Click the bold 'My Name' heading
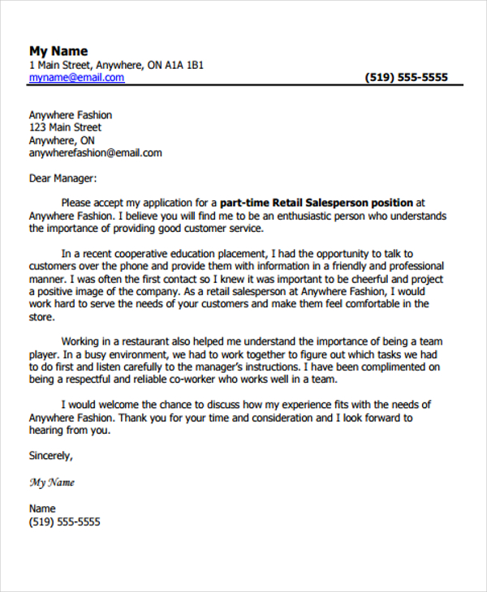point(58,50)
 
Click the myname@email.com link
point(76,78)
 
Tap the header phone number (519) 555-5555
point(407,78)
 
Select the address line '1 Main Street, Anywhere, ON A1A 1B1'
point(116,65)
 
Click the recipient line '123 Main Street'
point(65,127)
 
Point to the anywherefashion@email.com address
point(95,152)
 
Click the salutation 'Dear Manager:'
point(62,178)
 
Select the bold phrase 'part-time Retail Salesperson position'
point(317,202)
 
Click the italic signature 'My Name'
point(52,483)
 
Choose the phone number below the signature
point(65,522)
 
